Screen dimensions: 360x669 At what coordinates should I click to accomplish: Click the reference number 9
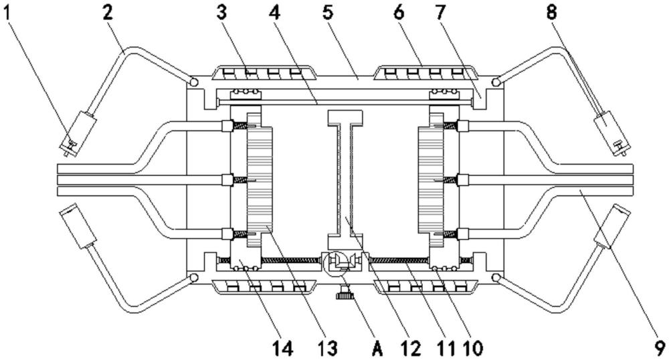coord(659,347)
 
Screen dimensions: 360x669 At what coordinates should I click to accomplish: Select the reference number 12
coord(410,347)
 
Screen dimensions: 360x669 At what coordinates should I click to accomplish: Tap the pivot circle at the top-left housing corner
coord(193,82)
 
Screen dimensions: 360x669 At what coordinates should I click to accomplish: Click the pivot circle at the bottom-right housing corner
coord(496,276)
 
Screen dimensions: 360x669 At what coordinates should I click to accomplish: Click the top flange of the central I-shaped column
coord(345,117)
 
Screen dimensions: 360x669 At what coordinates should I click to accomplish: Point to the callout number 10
coord(472,347)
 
